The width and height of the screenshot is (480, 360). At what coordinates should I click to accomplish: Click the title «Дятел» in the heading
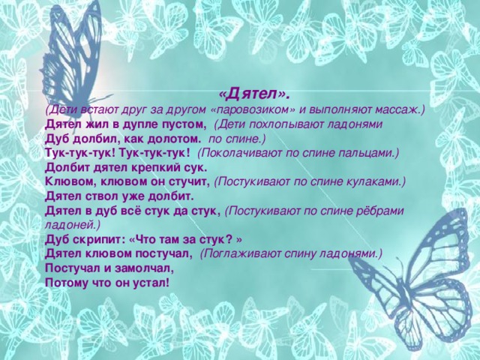click(x=254, y=95)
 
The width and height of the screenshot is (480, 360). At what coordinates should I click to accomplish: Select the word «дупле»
click(x=140, y=125)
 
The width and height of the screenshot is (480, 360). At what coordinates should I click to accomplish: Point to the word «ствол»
click(x=100, y=196)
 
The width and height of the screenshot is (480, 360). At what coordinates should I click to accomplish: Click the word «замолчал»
click(x=144, y=268)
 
